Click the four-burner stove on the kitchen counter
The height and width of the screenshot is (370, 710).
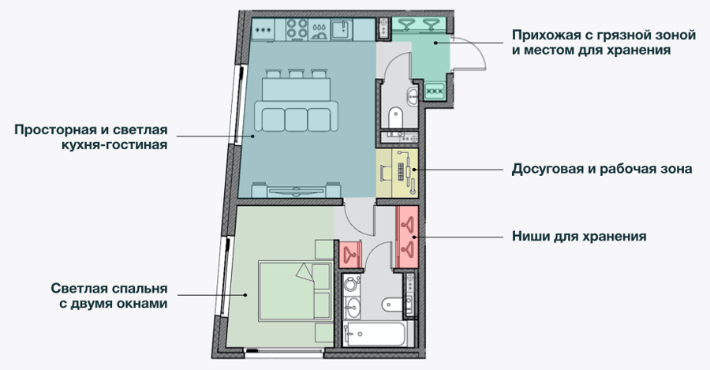tap(297, 28)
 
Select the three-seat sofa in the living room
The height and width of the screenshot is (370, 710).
tap(297, 117)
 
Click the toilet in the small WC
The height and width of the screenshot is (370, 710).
tap(396, 118)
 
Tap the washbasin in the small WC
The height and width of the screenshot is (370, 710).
tap(413, 95)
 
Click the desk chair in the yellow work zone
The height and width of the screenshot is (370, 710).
tap(387, 173)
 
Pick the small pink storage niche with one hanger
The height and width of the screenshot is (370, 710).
tap(350, 253)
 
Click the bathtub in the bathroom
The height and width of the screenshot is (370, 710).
tap(379, 334)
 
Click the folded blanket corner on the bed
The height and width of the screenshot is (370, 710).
tap(305, 271)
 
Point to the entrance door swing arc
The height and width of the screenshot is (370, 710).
tap(476, 50)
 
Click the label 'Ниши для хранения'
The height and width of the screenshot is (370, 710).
tap(579, 236)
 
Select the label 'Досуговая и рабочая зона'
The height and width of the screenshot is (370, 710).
tap(602, 169)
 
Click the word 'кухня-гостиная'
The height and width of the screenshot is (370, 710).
tap(114, 145)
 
